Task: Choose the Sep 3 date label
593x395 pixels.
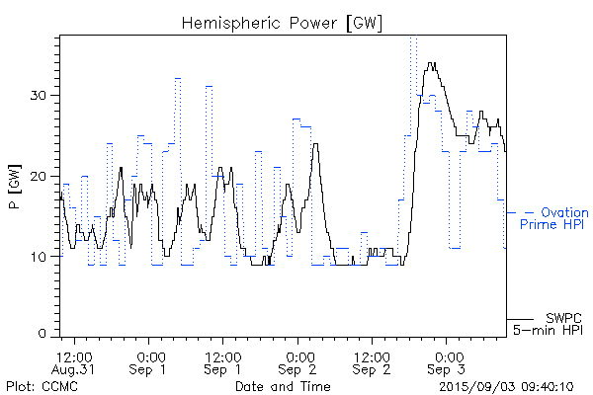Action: (448, 369)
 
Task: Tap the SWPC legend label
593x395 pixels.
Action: (563, 317)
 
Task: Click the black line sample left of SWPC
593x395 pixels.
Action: (521, 319)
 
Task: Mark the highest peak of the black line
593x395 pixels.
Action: (431, 63)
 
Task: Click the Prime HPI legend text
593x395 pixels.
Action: (553, 225)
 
